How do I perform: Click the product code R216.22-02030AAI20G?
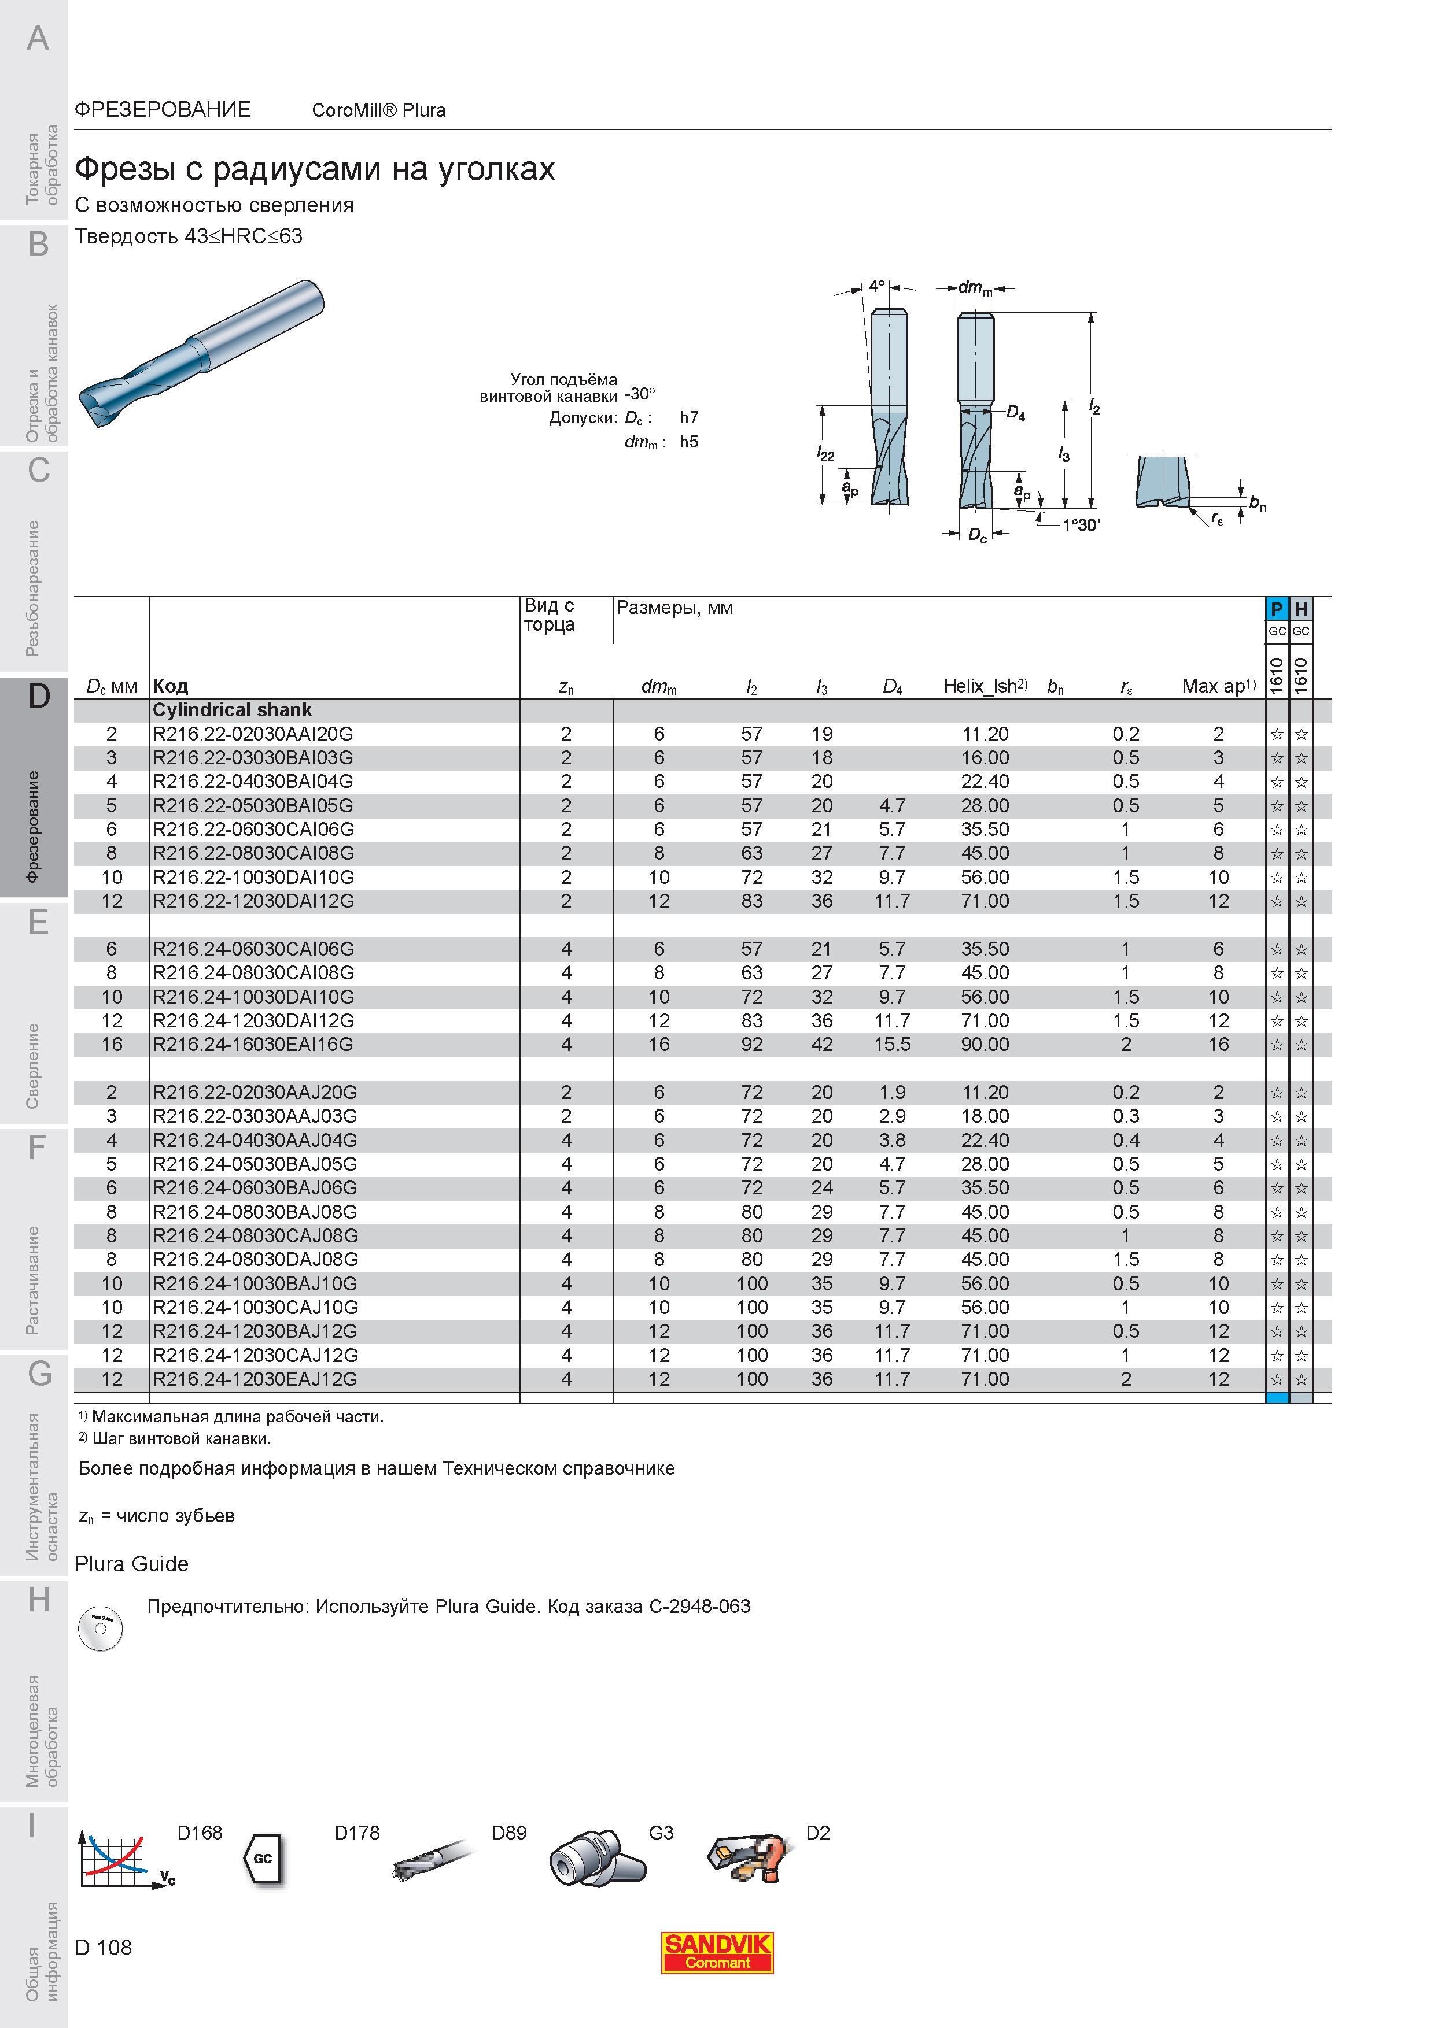(253, 734)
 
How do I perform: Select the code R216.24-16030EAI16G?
(253, 1044)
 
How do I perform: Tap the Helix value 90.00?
(985, 1044)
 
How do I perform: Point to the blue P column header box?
(1277, 609)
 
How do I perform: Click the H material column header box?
(1300, 609)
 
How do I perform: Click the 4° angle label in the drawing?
(876, 286)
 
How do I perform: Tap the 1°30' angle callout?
(1081, 525)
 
